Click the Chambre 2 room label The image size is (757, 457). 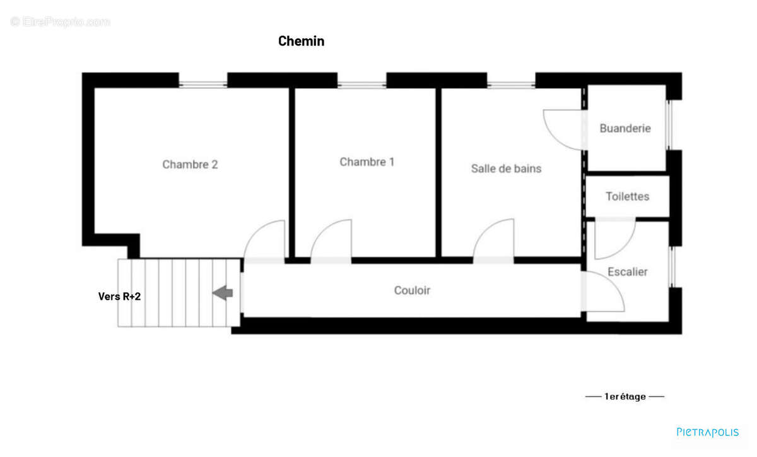click(190, 165)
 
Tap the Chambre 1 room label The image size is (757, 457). click(367, 162)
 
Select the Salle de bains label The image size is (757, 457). click(506, 169)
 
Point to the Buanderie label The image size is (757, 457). click(625, 128)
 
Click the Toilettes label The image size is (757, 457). click(627, 196)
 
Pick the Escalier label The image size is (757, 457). click(627, 272)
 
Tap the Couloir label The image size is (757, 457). click(412, 290)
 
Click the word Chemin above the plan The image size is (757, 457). click(301, 42)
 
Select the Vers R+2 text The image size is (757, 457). click(119, 296)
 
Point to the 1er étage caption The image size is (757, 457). click(625, 397)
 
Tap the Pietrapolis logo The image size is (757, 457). click(707, 432)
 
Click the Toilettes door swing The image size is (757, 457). click(613, 239)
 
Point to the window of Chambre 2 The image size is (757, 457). click(202, 81)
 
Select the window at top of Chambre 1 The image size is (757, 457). click(361, 81)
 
